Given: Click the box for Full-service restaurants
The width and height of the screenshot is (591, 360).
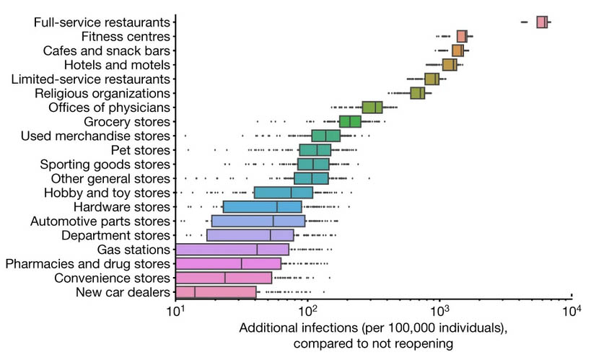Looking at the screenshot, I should coord(542,22).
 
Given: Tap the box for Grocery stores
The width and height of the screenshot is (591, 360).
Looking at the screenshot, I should coord(350,121).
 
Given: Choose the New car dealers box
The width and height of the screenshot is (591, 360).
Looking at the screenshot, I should coord(216,292).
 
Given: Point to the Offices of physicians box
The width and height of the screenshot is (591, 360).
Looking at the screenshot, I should coord(372,107).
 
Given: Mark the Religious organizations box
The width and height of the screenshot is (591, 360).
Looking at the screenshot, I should coord(417,93).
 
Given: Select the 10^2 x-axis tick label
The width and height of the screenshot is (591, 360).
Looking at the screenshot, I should coord(307,311).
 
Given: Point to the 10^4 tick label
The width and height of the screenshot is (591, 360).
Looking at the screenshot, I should coord(571,311).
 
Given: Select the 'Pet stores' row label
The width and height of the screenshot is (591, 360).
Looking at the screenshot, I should coord(141,150).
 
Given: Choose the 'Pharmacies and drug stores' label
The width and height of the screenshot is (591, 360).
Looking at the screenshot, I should coord(87,263).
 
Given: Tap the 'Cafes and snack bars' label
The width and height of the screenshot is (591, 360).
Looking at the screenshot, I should coord(107,51).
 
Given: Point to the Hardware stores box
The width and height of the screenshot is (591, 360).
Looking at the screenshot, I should coord(263,207).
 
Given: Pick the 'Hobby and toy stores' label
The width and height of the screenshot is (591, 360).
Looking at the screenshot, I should coord(107,193).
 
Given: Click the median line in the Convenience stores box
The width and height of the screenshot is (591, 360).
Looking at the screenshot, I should coord(225,278).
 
